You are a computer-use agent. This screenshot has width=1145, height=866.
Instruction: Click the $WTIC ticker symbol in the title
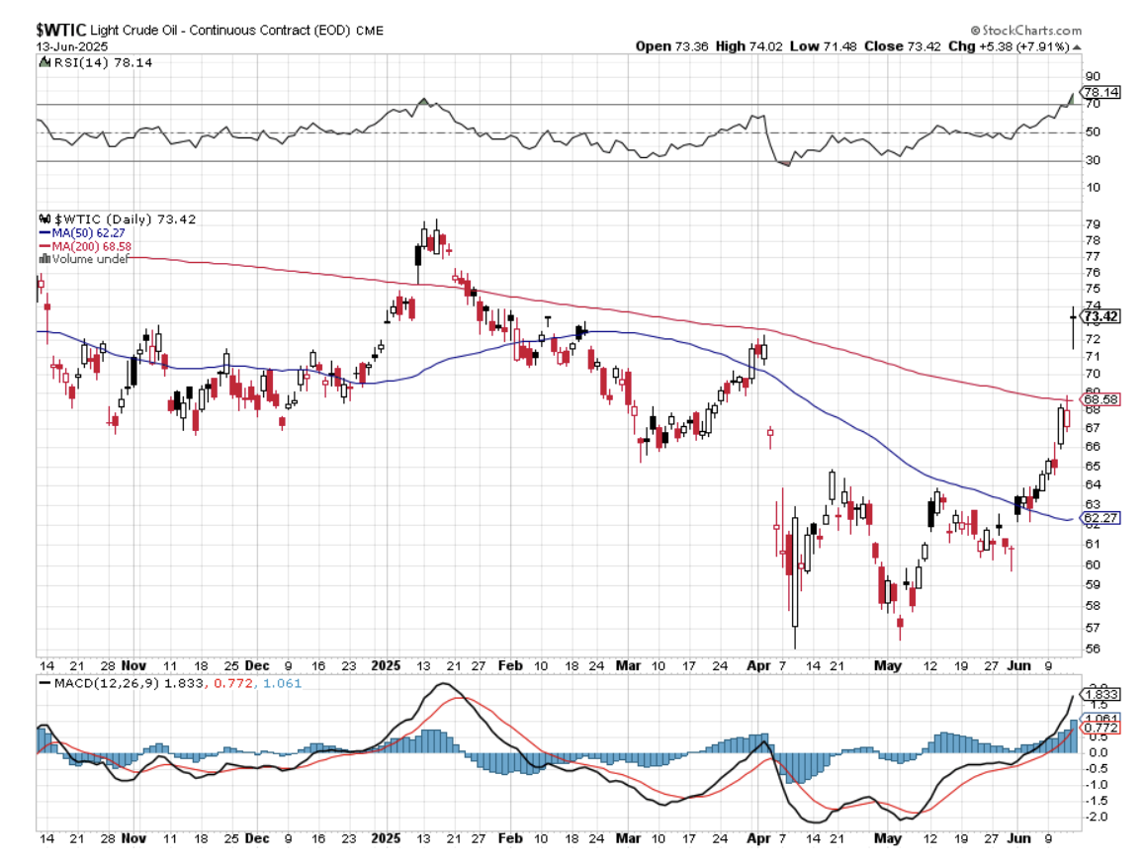62,30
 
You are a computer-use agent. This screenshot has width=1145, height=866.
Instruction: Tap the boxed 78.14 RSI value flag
1101,92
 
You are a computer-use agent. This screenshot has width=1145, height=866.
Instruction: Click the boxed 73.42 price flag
1101,317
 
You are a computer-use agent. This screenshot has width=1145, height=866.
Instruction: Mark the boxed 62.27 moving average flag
1101,517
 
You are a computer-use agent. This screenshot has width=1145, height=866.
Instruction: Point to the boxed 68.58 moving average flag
1101,399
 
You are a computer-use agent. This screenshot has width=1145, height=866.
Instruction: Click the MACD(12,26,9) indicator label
104,683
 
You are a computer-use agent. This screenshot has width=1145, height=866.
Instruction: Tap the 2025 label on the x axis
384,667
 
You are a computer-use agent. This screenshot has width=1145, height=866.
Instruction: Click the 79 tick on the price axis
1092,224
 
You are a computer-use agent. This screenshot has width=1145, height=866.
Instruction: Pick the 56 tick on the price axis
1092,649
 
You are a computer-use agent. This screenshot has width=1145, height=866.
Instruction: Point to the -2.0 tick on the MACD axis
1096,817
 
